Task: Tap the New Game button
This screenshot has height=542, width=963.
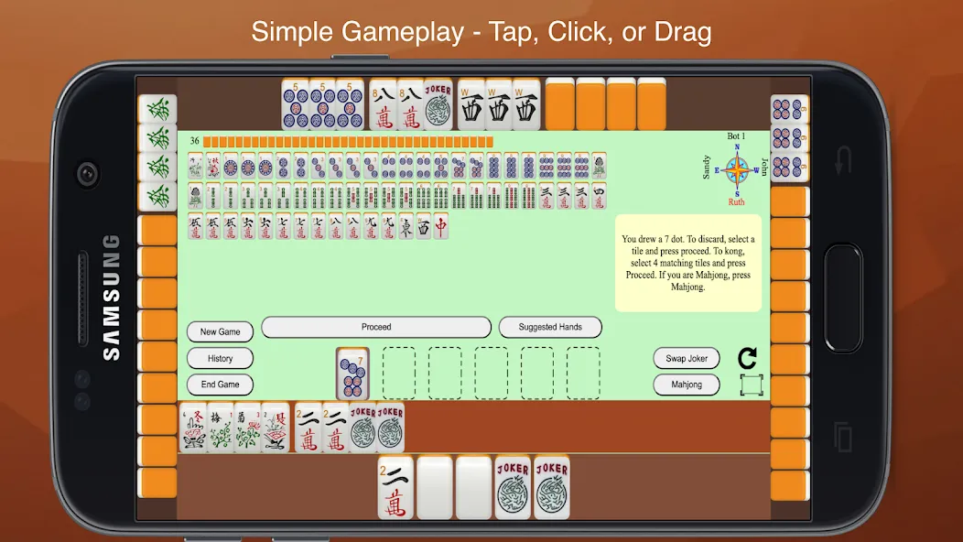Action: tap(220, 331)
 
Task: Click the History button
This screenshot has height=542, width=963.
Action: tap(220, 358)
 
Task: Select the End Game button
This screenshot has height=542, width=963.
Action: tap(220, 385)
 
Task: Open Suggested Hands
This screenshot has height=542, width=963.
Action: tap(550, 327)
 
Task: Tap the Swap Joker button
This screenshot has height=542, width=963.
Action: tap(687, 358)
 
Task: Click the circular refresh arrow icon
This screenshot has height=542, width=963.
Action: tap(747, 357)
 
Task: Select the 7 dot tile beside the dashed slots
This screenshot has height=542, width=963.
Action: tap(352, 374)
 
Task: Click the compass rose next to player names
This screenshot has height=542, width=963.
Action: tap(737, 169)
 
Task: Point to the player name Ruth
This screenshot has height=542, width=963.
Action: tap(737, 201)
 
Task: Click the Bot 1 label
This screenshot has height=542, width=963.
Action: tap(736, 136)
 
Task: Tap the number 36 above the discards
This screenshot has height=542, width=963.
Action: tap(194, 141)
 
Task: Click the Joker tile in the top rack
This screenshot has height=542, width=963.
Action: tap(438, 104)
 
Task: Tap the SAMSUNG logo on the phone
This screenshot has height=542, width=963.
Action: tap(111, 297)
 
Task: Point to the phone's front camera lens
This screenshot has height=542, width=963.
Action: tap(88, 173)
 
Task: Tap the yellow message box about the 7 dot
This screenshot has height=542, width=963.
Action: tap(687, 263)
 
